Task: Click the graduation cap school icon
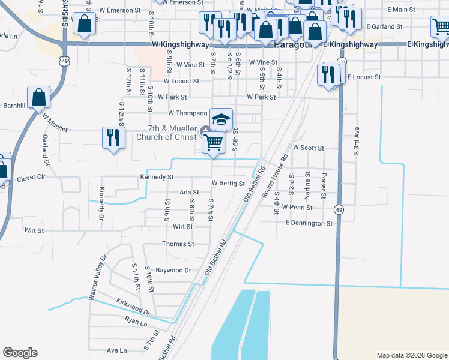point(221,118)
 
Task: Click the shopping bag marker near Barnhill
point(38,97)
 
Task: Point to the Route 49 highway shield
point(64,61)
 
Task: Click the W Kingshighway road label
point(181,45)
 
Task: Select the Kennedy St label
point(157,178)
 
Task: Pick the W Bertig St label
point(228,184)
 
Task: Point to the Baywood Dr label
point(173,271)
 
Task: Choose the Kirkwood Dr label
point(134,307)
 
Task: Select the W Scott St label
point(308,148)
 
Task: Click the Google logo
point(20,353)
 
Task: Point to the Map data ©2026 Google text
point(411,355)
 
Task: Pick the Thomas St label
point(178,244)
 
